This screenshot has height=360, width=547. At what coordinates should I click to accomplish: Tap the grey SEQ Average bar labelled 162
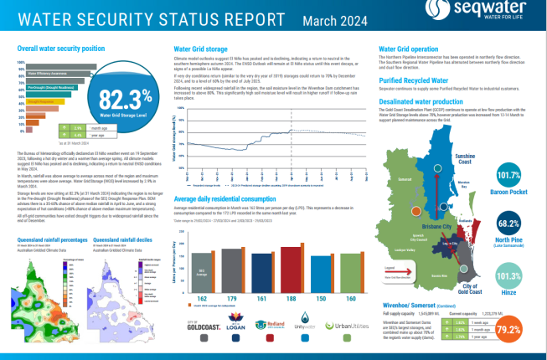201,269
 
